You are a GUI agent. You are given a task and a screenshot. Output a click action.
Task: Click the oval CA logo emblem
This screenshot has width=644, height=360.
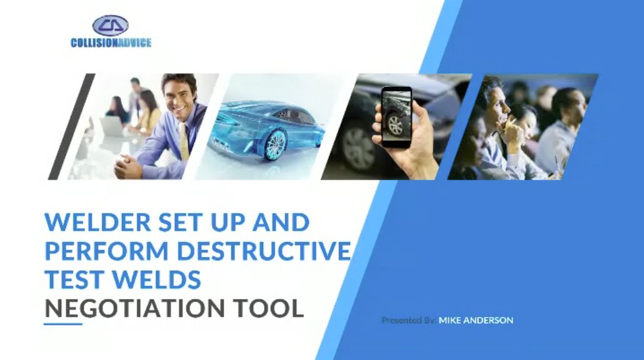click(110, 26)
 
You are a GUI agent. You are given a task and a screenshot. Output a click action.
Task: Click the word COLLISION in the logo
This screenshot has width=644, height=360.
click(94, 42)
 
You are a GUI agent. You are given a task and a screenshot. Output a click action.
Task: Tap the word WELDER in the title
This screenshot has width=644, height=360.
click(98, 222)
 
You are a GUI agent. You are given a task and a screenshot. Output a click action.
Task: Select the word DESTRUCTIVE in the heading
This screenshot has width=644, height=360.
click(264, 251)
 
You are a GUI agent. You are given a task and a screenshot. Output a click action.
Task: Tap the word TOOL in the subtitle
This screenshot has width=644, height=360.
click(269, 308)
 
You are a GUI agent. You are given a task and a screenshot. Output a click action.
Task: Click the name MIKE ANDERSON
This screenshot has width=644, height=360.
click(476, 320)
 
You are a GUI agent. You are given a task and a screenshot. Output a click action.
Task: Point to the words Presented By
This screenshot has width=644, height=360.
click(409, 320)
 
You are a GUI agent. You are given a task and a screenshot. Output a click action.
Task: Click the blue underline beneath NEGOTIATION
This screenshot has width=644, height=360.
click(63, 324)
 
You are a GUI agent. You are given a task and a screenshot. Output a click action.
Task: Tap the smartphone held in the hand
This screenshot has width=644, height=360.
click(396, 117)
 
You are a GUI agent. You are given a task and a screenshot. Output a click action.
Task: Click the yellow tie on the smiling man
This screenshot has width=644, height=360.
click(184, 142)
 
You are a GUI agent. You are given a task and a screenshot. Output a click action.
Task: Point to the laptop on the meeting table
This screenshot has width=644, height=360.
click(112, 127)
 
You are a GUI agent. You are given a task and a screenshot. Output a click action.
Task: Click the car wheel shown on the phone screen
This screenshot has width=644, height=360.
click(396, 125)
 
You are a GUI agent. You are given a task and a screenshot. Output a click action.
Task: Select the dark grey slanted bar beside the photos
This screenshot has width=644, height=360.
click(71, 126)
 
